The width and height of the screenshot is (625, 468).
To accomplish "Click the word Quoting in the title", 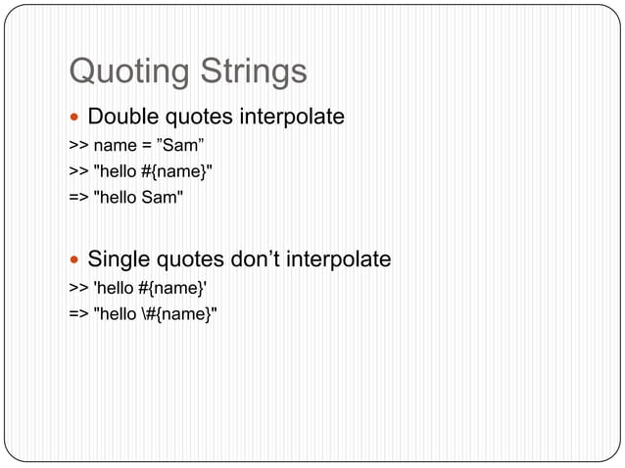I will pyautogui.click(x=130, y=72).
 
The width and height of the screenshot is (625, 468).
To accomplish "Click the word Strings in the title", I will pyautogui.click(x=254, y=72).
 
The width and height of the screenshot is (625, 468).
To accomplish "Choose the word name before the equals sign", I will pyautogui.click(x=113, y=147).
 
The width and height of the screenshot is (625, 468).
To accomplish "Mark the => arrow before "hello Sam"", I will pyautogui.click(x=77, y=199).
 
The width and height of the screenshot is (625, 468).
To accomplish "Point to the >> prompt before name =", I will pyautogui.click(x=77, y=147).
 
